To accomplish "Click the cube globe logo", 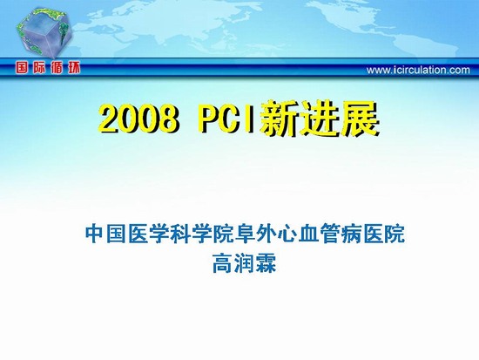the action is (44, 32).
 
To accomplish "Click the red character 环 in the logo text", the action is (74, 67).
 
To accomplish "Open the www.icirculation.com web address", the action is (418, 70).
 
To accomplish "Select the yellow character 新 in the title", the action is (279, 119).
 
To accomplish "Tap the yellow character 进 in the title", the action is (319, 119).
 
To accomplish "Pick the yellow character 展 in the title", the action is (360, 119).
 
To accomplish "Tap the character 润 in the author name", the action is (245, 262).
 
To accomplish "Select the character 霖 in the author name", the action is (266, 262).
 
